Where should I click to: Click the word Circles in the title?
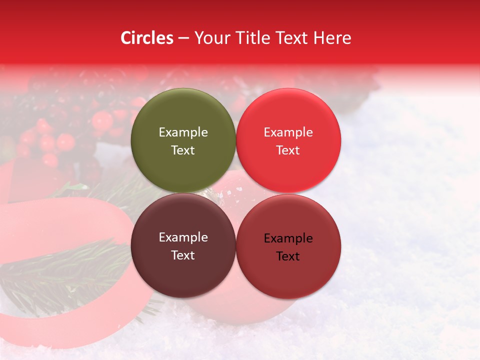(x=147, y=38)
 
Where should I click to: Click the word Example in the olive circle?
(x=183, y=132)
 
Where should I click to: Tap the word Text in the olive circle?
(x=183, y=150)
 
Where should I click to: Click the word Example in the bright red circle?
(x=288, y=132)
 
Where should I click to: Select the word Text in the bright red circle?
(x=288, y=150)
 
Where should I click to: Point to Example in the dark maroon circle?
(x=183, y=237)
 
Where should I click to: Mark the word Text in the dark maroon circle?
(x=183, y=255)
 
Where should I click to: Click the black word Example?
(x=288, y=238)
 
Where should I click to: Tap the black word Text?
(x=288, y=256)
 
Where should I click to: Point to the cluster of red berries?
(x=50, y=140)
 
